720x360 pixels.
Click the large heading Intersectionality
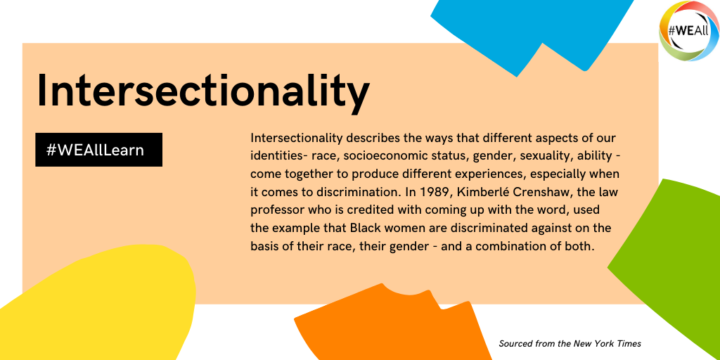(203, 91)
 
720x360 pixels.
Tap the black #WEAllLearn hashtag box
(98, 150)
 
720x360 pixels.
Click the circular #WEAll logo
(689, 31)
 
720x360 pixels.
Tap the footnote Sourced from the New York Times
(570, 343)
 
